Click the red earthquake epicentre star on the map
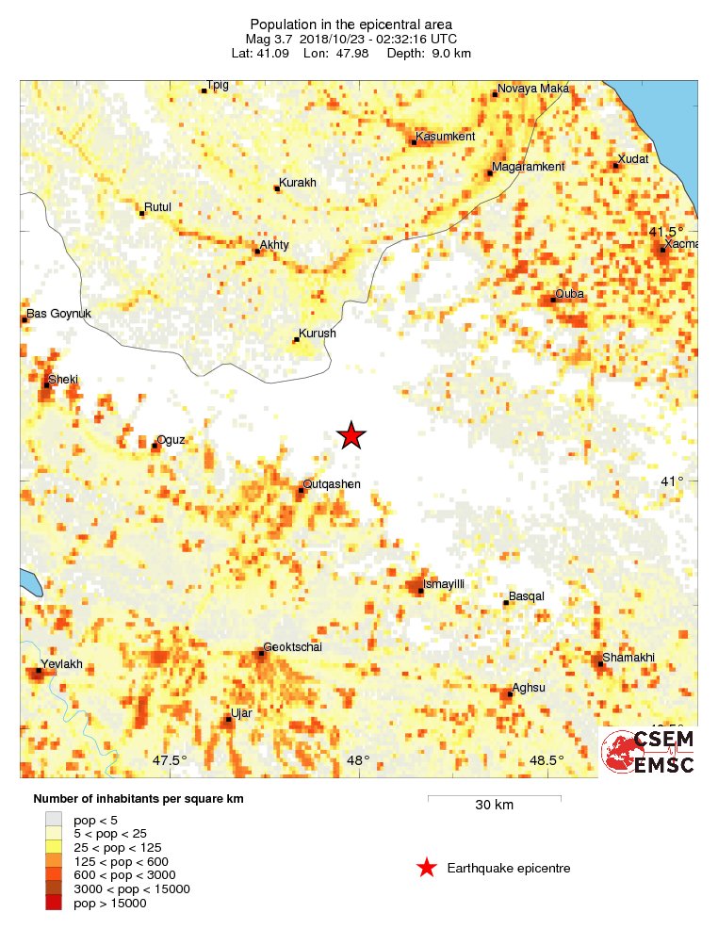click(x=351, y=435)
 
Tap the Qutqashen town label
click(x=333, y=484)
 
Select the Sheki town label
click(x=64, y=379)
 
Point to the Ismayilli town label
click(x=444, y=584)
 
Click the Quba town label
click(x=570, y=294)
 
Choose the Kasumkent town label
click(x=446, y=137)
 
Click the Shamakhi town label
click(x=628, y=658)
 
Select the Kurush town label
click(x=317, y=334)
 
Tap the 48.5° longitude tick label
click(x=547, y=761)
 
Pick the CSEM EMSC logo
click(x=648, y=751)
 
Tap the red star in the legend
click(x=427, y=868)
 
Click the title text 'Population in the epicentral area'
click(x=351, y=24)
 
